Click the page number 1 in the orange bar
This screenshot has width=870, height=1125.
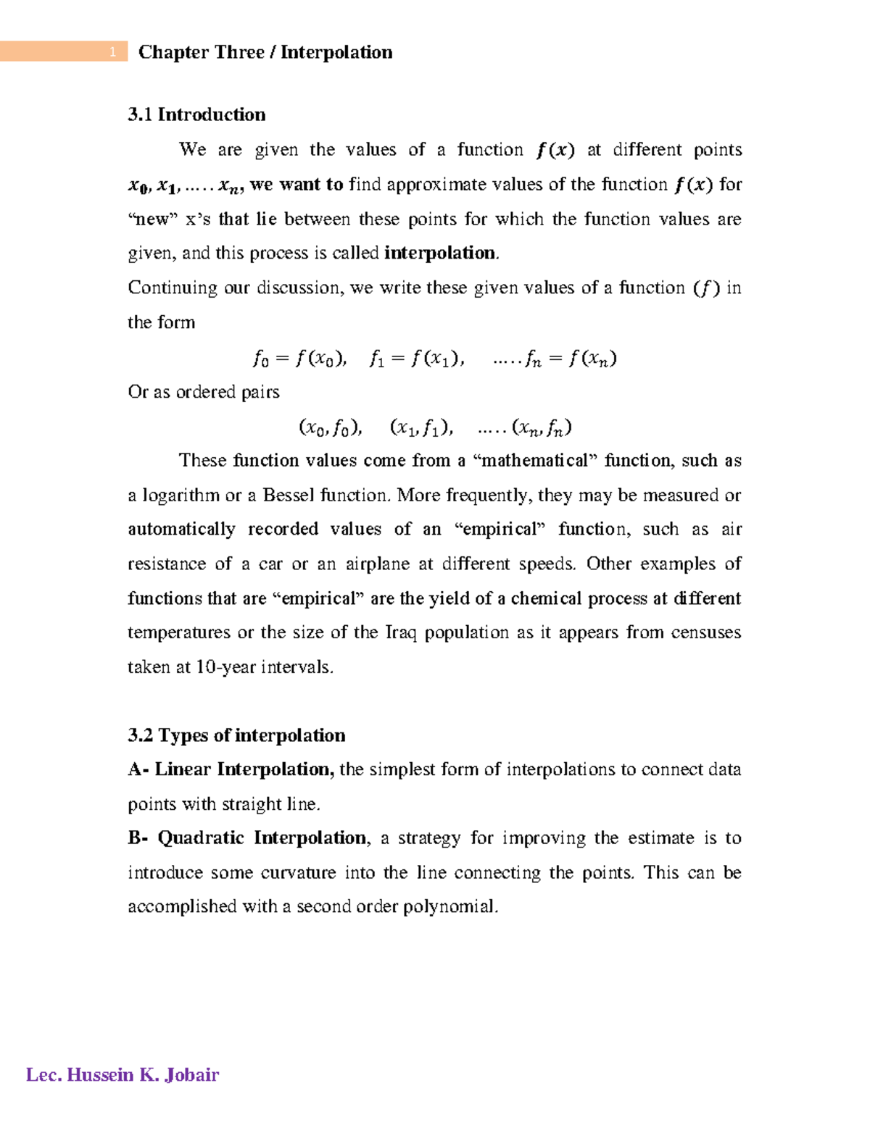112,52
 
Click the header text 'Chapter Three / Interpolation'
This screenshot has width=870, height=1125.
265,52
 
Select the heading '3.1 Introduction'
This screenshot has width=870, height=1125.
196,114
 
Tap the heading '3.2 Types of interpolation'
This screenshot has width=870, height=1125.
236,735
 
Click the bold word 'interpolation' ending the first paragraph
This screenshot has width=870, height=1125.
439,253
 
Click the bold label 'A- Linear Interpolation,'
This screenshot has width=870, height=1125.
231,769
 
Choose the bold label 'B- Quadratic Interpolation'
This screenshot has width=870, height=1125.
247,838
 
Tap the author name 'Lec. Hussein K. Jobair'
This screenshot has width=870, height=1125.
123,1074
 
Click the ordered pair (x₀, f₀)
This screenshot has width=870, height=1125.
330,428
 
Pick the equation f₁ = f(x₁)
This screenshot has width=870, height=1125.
416,359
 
